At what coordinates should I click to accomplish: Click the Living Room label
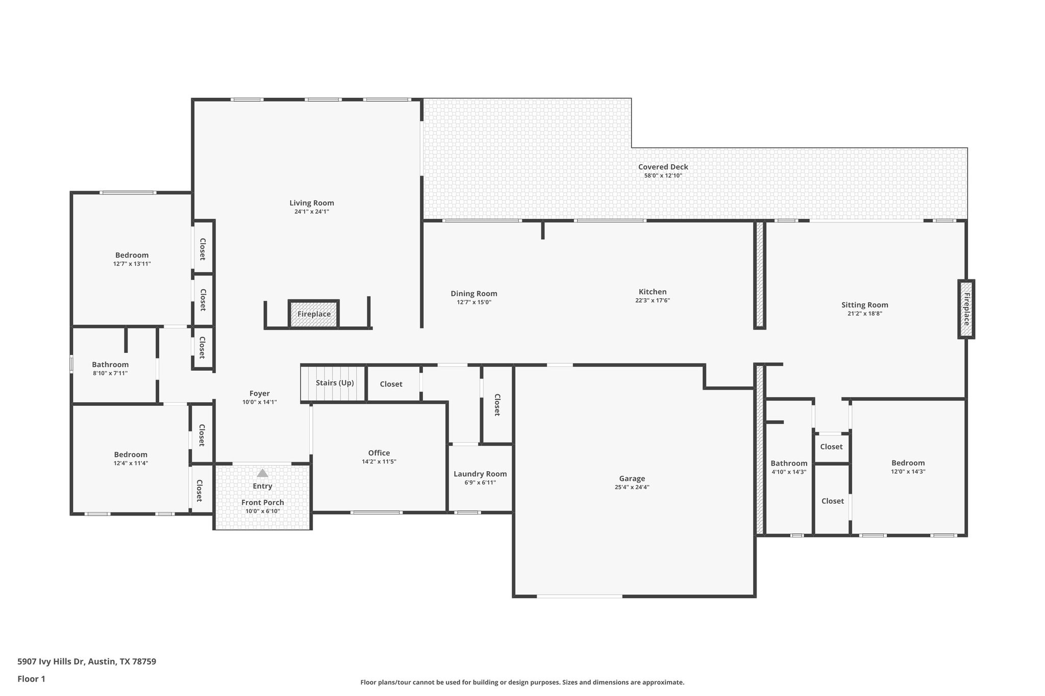pyautogui.click(x=311, y=203)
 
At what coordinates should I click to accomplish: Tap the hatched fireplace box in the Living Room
pyautogui.click(x=314, y=314)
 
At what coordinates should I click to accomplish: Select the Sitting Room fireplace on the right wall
pyautogui.click(x=966, y=309)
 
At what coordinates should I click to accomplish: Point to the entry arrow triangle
pyautogui.click(x=262, y=473)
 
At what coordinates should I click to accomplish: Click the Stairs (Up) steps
pyautogui.click(x=334, y=383)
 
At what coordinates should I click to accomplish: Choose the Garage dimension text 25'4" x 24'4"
pyautogui.click(x=632, y=487)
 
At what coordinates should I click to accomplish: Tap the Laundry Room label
pyautogui.click(x=480, y=474)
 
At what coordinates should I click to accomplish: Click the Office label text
pyautogui.click(x=379, y=453)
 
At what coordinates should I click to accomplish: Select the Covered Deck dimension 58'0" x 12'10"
pyautogui.click(x=663, y=175)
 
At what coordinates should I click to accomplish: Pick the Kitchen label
pyautogui.click(x=652, y=292)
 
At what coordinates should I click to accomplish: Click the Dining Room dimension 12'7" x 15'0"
pyautogui.click(x=474, y=302)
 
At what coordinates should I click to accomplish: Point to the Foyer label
pyautogui.click(x=259, y=393)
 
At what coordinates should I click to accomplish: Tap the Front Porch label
pyautogui.click(x=262, y=502)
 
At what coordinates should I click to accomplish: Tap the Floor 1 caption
pyautogui.click(x=31, y=679)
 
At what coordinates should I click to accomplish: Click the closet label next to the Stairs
pyautogui.click(x=391, y=384)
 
